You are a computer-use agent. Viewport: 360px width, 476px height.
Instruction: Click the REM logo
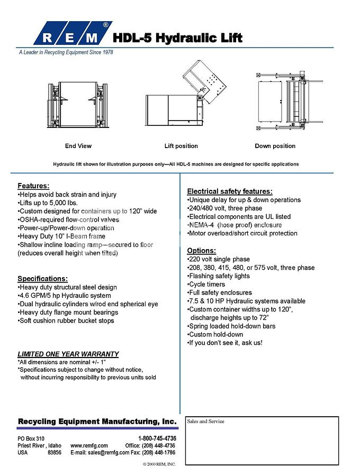tap(72, 34)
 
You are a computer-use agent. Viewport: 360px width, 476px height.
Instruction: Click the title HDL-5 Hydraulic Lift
tap(178, 38)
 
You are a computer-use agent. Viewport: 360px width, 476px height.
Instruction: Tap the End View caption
tap(78, 146)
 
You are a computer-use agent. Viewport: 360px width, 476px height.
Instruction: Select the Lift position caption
tap(181, 146)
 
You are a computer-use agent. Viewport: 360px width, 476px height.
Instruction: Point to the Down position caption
tap(275, 146)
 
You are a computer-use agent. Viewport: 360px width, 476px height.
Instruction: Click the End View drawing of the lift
tap(79, 104)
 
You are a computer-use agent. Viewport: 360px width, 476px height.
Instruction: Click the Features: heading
tap(33, 186)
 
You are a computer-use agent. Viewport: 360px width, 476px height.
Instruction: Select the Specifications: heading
tap(42, 279)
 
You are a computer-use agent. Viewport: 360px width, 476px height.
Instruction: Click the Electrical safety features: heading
tap(230, 191)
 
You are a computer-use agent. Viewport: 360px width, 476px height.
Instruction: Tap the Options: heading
tap(201, 251)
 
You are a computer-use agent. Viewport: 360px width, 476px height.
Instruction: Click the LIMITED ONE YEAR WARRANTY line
tap(68, 354)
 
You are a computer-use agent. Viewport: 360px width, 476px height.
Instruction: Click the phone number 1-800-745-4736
tap(157, 439)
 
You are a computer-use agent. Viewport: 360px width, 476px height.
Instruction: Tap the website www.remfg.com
tap(89, 446)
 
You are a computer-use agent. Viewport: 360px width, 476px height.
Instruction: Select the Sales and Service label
tap(205, 422)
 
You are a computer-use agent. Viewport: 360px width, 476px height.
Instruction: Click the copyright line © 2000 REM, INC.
tap(159, 464)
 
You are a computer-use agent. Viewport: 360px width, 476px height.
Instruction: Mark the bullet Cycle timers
tap(207, 285)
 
